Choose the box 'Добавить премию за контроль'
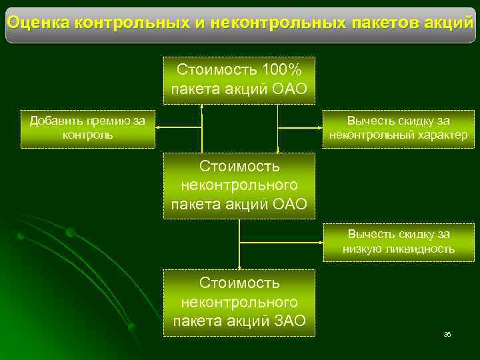tap(88, 128)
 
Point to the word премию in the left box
tap(109, 121)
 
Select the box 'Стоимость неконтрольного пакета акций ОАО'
tap(239, 185)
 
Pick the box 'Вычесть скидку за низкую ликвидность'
tap(398, 242)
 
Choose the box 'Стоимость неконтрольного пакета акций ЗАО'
tap(239, 302)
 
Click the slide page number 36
tap(447, 334)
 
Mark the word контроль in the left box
tap(87, 135)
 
